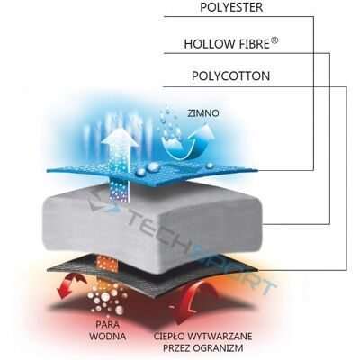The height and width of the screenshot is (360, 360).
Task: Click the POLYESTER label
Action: (231, 7)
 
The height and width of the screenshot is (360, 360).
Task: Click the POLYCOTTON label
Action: (230, 76)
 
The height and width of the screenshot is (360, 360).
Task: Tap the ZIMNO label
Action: (203, 113)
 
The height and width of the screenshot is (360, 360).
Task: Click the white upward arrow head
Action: (120, 138)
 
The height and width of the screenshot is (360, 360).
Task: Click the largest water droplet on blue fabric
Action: (153, 166)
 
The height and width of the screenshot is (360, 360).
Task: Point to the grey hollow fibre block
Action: (153, 218)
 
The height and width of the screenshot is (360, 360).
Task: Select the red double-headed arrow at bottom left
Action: (71, 285)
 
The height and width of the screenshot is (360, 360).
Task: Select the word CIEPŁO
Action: (169, 336)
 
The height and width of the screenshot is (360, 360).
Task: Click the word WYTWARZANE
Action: (220, 336)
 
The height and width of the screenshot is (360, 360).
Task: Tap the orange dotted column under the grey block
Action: (107, 264)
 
